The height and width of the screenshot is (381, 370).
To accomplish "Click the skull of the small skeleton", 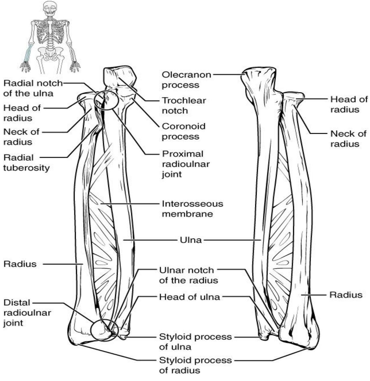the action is pos(50,9).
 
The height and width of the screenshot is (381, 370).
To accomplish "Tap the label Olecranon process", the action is pos(186,80).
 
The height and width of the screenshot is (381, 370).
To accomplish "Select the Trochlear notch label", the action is pos(184,106).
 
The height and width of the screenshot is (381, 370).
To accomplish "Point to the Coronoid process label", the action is pos(184,131).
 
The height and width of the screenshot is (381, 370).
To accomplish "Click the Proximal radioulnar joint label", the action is pos(186,164).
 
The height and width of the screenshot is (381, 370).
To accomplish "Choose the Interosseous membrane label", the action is pos(192,209).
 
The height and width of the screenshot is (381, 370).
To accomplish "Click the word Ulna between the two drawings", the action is pos(191,240).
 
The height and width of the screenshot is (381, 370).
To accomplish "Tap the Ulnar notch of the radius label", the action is pos(188,275).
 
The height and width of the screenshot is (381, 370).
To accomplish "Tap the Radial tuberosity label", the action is pos(26,163).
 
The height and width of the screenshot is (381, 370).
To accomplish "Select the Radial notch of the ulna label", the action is pos(33,88).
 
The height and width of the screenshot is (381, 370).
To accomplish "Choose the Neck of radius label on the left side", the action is pos(21,137).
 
